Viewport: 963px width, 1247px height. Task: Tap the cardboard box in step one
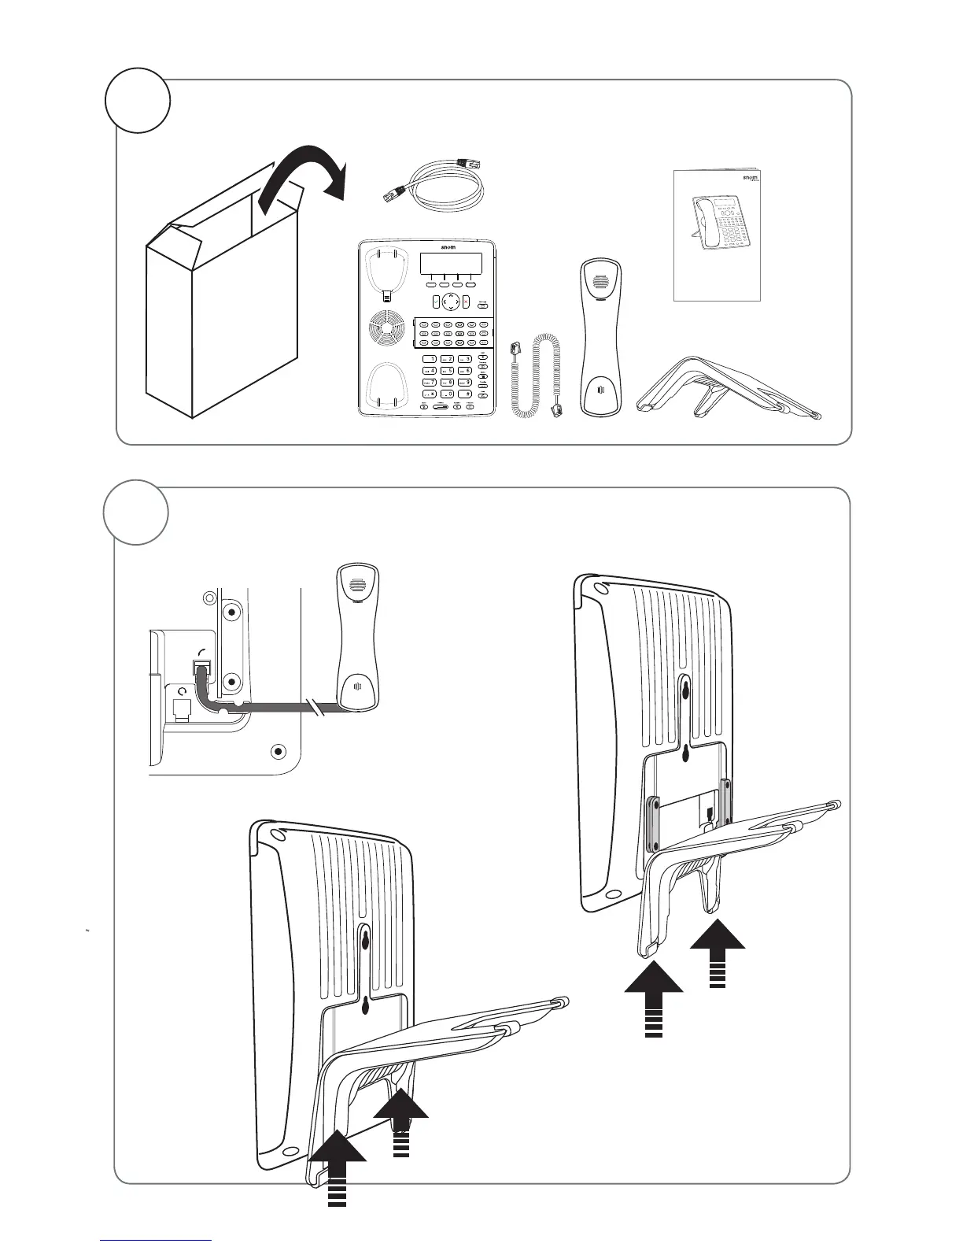coord(220,315)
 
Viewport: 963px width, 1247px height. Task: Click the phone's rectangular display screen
coord(448,265)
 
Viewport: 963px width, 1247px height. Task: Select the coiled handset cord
coord(535,374)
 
